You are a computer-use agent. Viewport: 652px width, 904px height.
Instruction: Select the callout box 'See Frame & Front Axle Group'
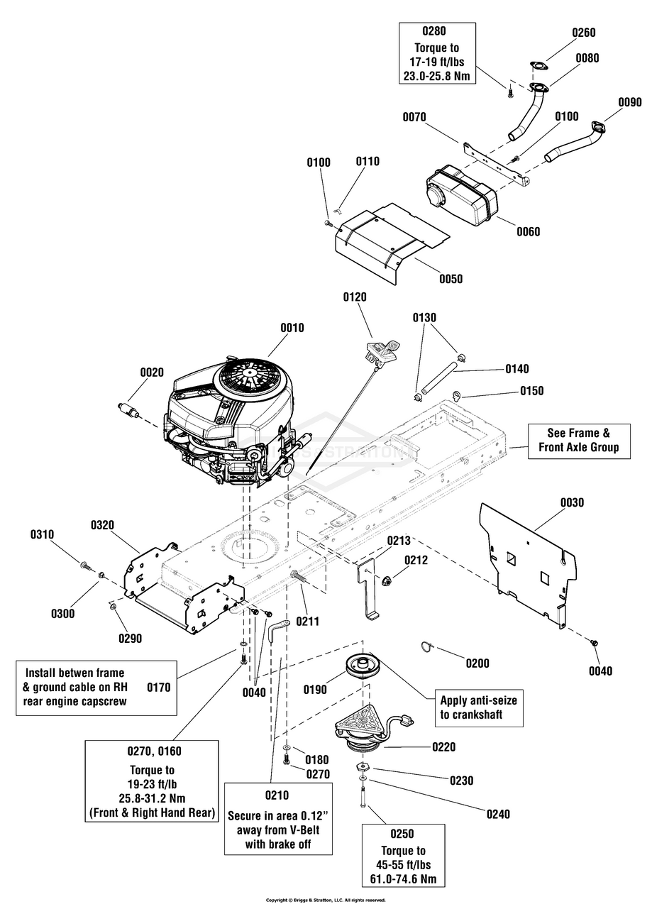tap(579, 440)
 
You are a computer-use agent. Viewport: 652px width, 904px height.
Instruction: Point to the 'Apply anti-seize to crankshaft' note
tap(478, 707)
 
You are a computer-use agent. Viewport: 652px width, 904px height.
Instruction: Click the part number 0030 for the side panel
tap(571, 502)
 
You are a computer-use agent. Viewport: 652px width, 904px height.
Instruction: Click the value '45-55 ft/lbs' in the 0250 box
tap(403, 865)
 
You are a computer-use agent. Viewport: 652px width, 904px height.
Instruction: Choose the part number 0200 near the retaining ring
tap(478, 663)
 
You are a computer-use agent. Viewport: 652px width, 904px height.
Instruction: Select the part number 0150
tap(532, 391)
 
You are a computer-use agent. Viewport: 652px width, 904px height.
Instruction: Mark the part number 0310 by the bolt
tap(43, 534)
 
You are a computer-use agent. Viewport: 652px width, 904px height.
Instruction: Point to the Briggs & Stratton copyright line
tap(326, 900)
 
